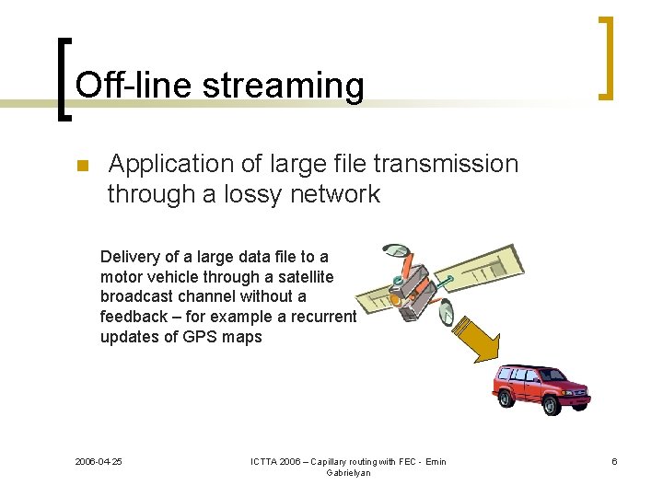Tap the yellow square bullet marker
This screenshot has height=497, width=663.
(80, 167)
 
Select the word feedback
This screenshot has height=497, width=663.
(133, 317)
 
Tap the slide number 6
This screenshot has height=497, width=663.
(614, 461)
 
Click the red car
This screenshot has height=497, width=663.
(539, 387)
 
